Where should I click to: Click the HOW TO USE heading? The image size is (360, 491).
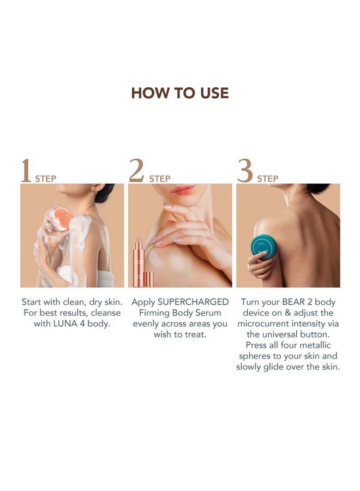179,93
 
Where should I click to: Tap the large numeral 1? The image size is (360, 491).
26,170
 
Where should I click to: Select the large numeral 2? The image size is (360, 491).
136,170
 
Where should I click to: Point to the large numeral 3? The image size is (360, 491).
245,170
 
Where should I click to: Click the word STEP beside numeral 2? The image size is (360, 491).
160,179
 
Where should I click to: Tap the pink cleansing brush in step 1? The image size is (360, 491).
61,219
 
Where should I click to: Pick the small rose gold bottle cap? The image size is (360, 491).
148,280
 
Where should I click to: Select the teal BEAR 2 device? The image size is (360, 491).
264,247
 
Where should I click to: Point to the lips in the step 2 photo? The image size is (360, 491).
183,189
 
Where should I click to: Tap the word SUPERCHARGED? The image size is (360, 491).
193,302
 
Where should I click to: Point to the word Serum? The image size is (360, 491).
208,313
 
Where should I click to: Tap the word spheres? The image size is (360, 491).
253,356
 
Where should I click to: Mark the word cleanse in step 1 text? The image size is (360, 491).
105,313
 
